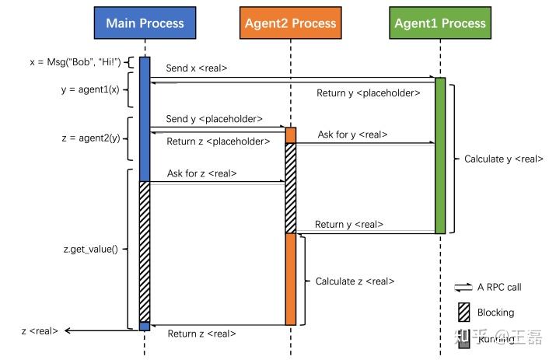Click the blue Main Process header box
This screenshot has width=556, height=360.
pyautogui.click(x=145, y=23)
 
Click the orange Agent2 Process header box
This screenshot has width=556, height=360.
pyautogui.click(x=289, y=23)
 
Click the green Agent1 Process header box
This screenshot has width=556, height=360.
pyautogui.click(x=439, y=23)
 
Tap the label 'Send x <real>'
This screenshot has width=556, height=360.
pyautogui.click(x=197, y=68)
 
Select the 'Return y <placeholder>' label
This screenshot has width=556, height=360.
pyautogui.click(x=368, y=93)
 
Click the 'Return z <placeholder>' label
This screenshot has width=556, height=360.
pyautogui.click(x=218, y=142)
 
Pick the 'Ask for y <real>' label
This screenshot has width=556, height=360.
pyautogui.click(x=352, y=135)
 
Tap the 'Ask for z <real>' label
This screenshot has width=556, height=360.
pyautogui.click(x=201, y=173)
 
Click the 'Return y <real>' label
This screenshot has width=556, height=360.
pyautogui.click(x=349, y=224)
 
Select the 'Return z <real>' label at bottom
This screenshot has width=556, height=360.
pyautogui.click(x=201, y=334)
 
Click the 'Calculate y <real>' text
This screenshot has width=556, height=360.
pyautogui.click(x=503, y=159)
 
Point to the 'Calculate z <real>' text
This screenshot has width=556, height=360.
pyautogui.click(x=355, y=281)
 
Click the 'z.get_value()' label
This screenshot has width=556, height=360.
pyautogui.click(x=90, y=250)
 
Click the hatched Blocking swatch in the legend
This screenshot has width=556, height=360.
pyautogui.click(x=463, y=312)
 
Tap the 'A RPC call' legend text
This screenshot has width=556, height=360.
pyautogui.click(x=499, y=287)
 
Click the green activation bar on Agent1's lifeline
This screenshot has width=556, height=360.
pyautogui.click(x=440, y=156)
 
